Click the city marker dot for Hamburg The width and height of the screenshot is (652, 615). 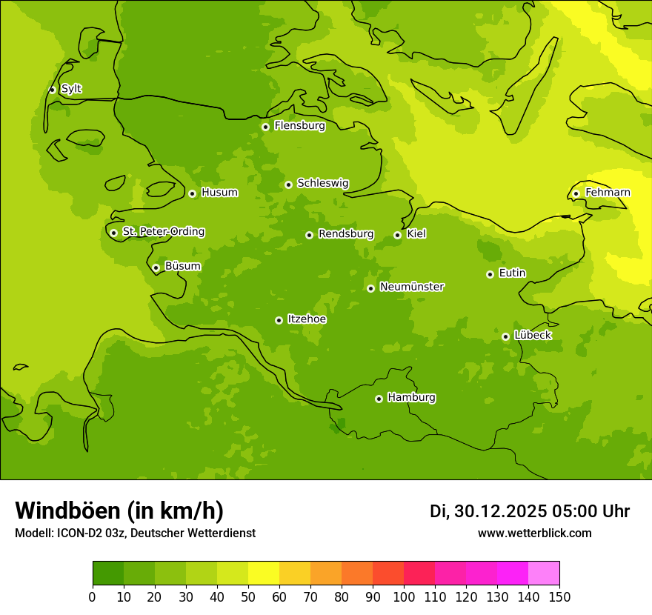[x=379, y=399]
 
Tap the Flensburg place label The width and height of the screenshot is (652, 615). [x=299, y=126]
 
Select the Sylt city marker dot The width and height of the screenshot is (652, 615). [x=52, y=90]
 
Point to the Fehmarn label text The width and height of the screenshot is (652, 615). [x=608, y=193]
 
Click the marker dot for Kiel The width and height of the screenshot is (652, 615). [x=397, y=235]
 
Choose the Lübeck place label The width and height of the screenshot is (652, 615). [x=532, y=336]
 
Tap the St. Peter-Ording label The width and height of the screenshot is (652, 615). [x=163, y=232]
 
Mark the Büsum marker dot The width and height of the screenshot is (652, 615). [x=156, y=267]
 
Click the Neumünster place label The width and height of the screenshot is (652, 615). [x=411, y=287]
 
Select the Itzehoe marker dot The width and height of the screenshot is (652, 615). [x=279, y=320]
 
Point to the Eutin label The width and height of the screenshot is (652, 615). [x=512, y=273]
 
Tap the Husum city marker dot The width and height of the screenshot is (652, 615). [x=192, y=193]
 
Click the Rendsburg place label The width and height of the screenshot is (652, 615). [x=345, y=234]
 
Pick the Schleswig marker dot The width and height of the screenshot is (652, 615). [x=288, y=184]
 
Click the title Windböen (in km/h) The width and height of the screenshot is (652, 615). [x=119, y=511]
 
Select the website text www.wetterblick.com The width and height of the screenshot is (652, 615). [x=534, y=533]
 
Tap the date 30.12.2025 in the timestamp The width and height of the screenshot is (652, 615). [x=500, y=511]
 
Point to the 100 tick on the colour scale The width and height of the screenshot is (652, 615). [x=404, y=596]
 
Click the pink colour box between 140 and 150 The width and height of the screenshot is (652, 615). [x=544, y=574]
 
